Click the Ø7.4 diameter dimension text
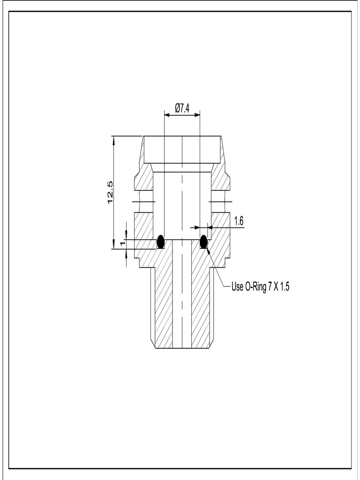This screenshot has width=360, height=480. [x=182, y=108]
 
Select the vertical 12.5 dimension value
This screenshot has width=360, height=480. [x=111, y=192]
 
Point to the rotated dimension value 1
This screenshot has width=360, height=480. [x=122, y=244]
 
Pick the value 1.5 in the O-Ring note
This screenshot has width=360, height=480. [x=285, y=287]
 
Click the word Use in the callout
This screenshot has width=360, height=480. [x=237, y=287]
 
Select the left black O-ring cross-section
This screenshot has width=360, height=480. [x=161, y=241]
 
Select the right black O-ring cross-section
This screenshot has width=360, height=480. [x=203, y=241]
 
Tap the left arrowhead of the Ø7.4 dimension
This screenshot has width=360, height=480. [x=166, y=114]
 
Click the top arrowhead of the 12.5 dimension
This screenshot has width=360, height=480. [x=113, y=139]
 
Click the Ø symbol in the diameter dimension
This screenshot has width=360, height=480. [x=177, y=108]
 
